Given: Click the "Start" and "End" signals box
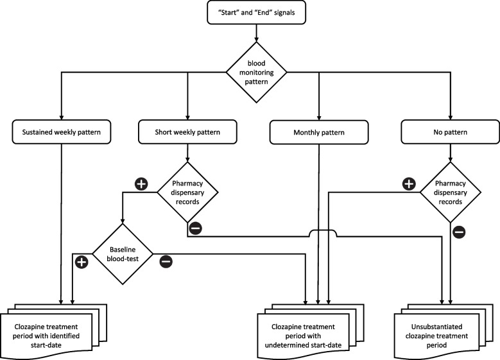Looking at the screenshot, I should tap(250, 12).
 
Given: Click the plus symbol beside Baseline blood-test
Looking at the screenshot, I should tap(81, 261).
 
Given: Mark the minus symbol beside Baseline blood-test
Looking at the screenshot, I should tap(166, 261).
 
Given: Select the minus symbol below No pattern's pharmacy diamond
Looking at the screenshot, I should tap(458, 232).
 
